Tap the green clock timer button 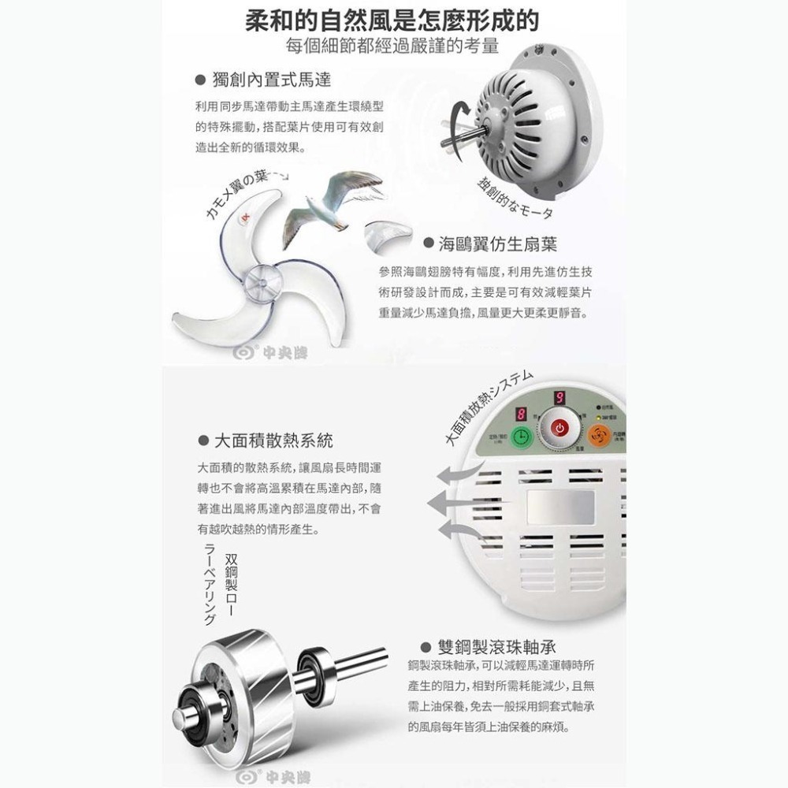click(521, 438)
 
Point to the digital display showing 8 click(521, 414)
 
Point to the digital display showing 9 click(559, 399)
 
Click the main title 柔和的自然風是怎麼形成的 click(393, 18)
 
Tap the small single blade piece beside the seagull click(387, 232)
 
